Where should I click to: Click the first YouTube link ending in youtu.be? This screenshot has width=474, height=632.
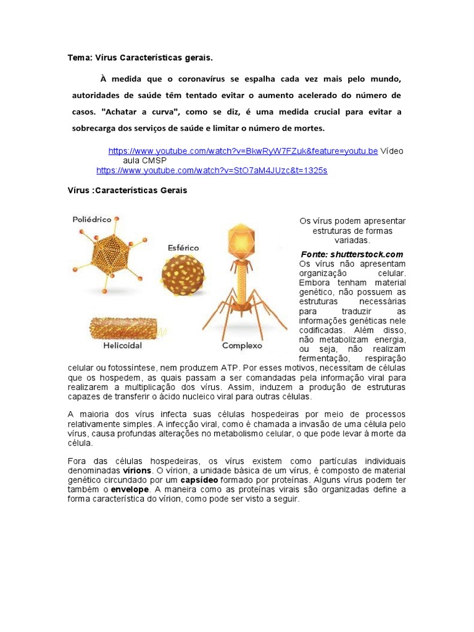(243, 151)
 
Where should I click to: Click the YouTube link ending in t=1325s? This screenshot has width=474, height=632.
(212, 170)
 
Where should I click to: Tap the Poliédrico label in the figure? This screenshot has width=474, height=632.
(92, 219)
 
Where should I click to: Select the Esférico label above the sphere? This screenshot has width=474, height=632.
(184, 247)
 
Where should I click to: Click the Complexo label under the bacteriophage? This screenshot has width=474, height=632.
(242, 346)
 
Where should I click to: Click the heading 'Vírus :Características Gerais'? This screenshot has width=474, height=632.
(127, 191)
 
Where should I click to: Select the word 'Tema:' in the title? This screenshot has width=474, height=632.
(80, 58)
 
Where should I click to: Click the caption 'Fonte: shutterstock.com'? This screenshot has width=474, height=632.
(352, 254)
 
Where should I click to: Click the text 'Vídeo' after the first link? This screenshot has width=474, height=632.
(392, 151)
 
